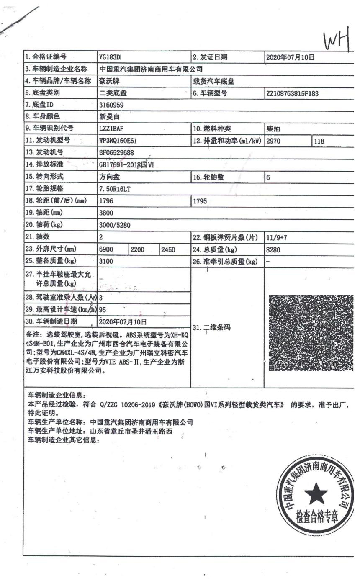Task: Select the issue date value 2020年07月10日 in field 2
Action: click(x=290, y=58)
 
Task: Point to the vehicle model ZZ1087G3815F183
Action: click(x=292, y=93)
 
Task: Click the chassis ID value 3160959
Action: click(x=111, y=105)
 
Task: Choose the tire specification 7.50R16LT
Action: click(x=115, y=189)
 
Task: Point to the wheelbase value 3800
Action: click(x=106, y=213)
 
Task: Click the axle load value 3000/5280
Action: click(x=115, y=225)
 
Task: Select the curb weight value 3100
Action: click(x=106, y=261)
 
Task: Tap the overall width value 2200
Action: click(x=138, y=250)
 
